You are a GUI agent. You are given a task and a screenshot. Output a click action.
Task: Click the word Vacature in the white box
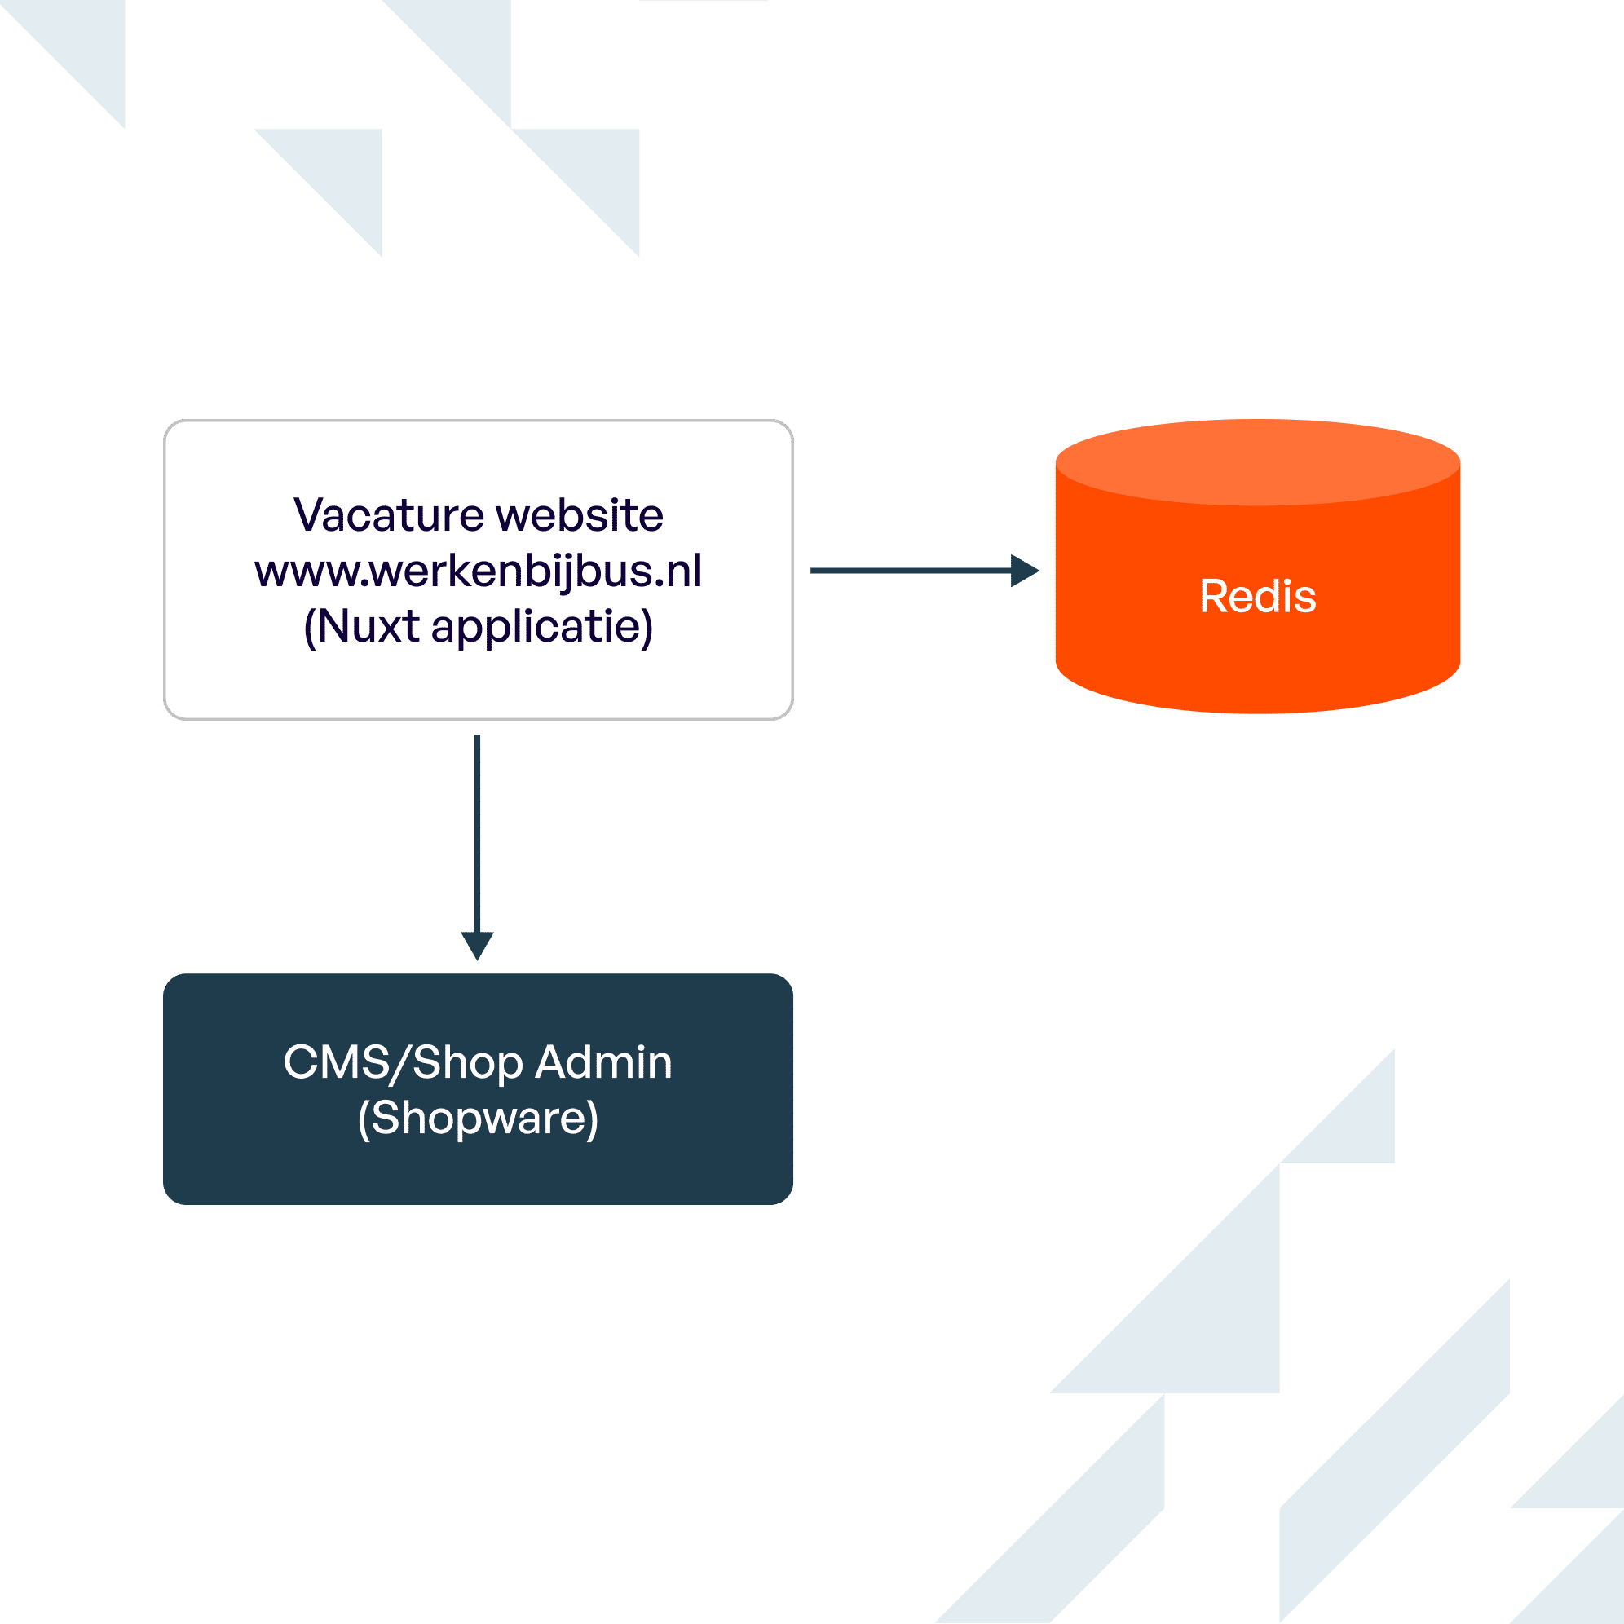(388, 515)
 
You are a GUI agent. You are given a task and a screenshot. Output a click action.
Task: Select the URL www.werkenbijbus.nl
(478, 571)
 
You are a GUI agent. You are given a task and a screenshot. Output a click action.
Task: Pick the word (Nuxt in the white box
(361, 627)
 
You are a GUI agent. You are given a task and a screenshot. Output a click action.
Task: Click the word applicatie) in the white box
(542, 628)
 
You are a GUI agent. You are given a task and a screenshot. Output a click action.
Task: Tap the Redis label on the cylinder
(1257, 597)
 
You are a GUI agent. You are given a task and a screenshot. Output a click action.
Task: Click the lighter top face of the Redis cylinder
(1257, 462)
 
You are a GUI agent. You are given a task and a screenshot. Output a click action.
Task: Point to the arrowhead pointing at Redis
(1024, 571)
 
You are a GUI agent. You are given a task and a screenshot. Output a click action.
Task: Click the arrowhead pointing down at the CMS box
(478, 945)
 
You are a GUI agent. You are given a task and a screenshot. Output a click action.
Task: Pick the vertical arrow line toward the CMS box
(478, 832)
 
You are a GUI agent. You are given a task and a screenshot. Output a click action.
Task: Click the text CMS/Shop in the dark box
(403, 1062)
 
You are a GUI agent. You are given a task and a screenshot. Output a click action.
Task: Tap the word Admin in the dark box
(603, 1062)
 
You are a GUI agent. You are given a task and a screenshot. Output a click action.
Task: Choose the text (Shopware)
(478, 1118)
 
